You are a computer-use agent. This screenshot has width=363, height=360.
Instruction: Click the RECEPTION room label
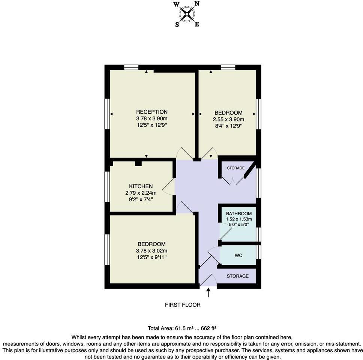coord(151,112)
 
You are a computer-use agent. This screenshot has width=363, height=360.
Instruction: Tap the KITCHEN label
coord(141,186)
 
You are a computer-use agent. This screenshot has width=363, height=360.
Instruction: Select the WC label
coord(238,255)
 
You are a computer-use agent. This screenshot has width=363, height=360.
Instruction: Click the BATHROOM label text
coord(239,214)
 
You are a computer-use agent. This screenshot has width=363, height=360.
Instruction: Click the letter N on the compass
coord(197,4)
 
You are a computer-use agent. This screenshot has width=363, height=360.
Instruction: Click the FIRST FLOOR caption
coord(183,305)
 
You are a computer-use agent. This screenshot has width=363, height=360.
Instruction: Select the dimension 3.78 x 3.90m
coord(151,118)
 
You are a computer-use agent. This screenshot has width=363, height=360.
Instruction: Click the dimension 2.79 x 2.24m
coord(141,193)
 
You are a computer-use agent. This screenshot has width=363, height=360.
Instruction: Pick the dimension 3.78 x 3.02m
coord(151,250)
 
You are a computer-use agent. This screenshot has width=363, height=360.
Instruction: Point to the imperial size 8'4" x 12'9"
coord(228,126)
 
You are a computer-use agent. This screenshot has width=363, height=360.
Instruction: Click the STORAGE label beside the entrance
coord(237,276)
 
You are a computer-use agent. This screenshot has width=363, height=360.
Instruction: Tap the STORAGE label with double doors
coord(235,168)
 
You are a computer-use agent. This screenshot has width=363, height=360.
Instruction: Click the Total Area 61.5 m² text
coord(182,328)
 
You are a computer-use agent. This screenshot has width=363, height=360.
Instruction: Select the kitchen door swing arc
coord(168,186)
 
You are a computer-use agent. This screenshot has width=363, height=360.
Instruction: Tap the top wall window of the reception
coord(131,67)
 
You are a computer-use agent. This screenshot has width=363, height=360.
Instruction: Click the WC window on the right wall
coord(258,252)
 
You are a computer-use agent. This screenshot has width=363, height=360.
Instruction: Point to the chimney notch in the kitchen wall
coord(138,163)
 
